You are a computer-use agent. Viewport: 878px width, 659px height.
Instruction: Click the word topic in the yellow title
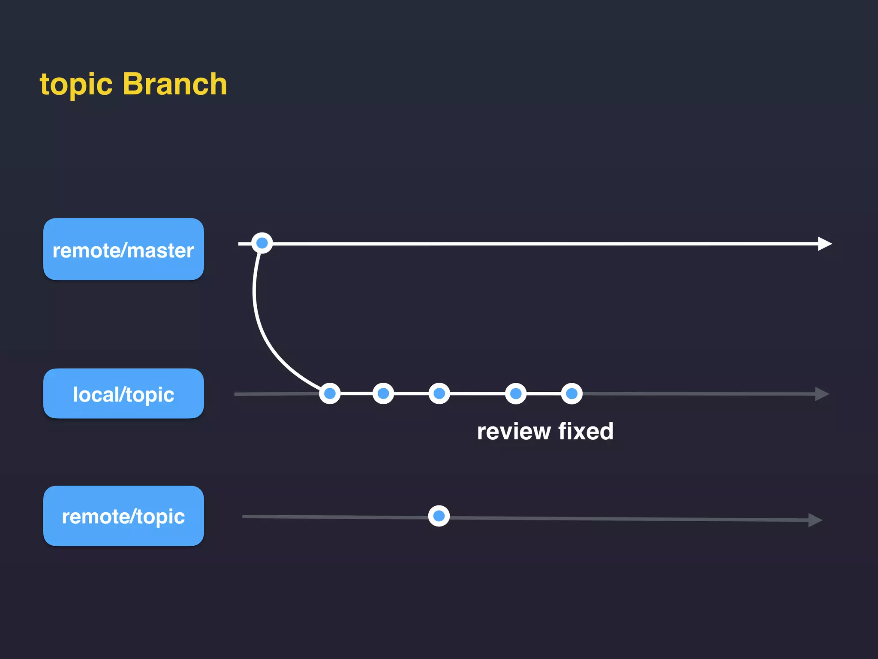(x=76, y=85)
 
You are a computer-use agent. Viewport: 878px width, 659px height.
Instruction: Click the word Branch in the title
(x=175, y=84)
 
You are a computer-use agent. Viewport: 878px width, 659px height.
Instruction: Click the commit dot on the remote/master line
(x=262, y=243)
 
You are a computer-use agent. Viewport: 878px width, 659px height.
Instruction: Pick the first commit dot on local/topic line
(x=330, y=393)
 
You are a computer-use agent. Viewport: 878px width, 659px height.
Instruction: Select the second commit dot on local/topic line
(x=383, y=393)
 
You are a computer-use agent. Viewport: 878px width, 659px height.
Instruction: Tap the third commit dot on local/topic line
(x=439, y=393)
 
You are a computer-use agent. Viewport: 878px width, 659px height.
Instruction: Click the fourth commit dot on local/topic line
(x=516, y=393)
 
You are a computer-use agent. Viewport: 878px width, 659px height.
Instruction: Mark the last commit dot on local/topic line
(x=571, y=393)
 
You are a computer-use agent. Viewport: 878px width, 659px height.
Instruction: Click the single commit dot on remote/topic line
(x=439, y=516)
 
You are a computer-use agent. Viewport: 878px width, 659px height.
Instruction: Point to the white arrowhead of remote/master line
(x=824, y=244)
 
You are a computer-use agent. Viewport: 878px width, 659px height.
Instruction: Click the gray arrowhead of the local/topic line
(x=821, y=394)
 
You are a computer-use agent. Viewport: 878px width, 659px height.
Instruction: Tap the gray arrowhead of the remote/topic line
(x=815, y=520)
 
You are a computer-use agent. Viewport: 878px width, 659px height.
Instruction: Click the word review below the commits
(x=514, y=431)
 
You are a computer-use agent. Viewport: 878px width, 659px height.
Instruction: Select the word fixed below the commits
(x=586, y=431)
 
